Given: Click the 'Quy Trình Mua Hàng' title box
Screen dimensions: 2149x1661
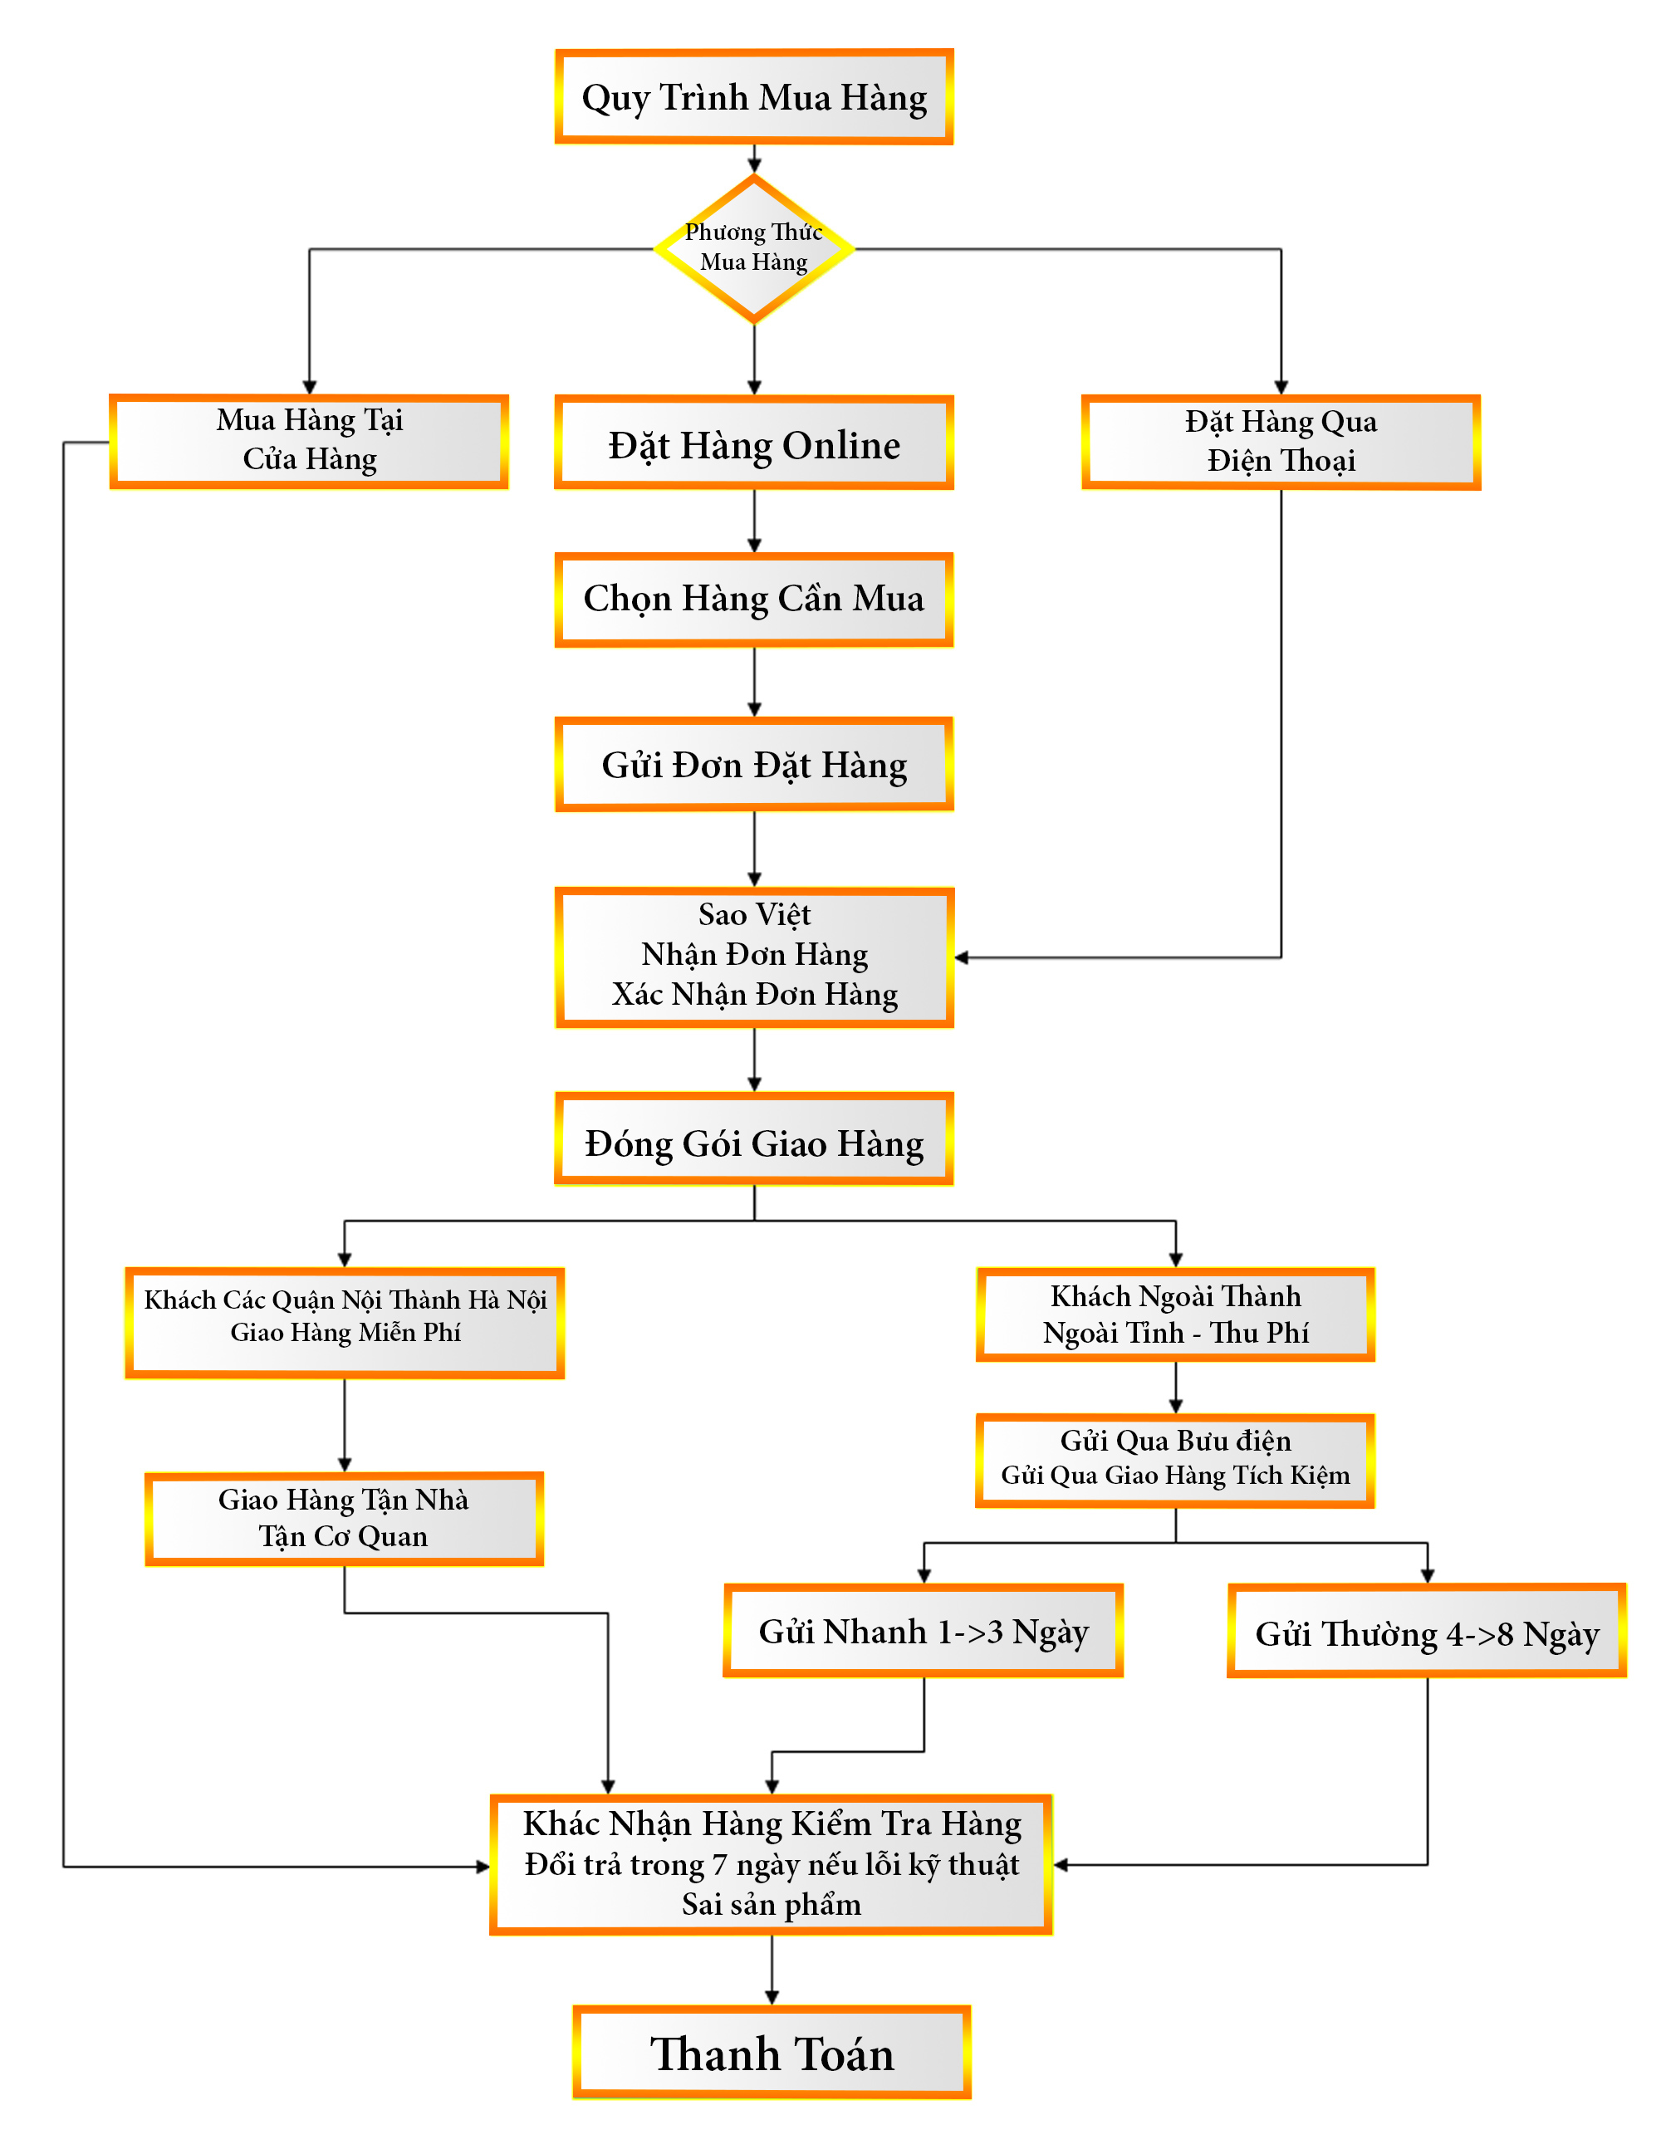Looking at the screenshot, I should [754, 97].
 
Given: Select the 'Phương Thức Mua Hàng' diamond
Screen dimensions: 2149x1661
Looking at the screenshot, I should [754, 248].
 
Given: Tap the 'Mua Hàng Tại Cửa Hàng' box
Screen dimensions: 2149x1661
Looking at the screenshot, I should [309, 441].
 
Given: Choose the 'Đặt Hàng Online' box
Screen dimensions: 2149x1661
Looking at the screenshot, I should [754, 443].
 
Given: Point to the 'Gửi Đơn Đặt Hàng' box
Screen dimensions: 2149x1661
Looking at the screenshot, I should [754, 765].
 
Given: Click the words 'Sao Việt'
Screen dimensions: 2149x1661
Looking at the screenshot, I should [754, 915].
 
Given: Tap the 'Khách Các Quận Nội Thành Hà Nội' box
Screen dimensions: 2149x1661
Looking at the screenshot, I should [345, 1320].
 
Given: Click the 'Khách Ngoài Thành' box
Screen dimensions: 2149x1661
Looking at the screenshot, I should [1175, 1314].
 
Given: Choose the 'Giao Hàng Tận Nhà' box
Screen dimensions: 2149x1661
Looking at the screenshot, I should [344, 1516].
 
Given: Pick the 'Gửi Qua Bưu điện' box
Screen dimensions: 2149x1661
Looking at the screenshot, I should [1175, 1459].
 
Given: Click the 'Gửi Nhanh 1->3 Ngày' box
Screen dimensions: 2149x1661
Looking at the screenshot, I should [923, 1632].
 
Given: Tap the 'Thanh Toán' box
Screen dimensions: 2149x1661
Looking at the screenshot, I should [772, 2054].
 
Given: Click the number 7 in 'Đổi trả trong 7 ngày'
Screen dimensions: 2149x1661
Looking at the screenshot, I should [719, 1865].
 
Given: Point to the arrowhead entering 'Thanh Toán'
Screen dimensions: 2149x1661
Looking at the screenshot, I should [772, 1998].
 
